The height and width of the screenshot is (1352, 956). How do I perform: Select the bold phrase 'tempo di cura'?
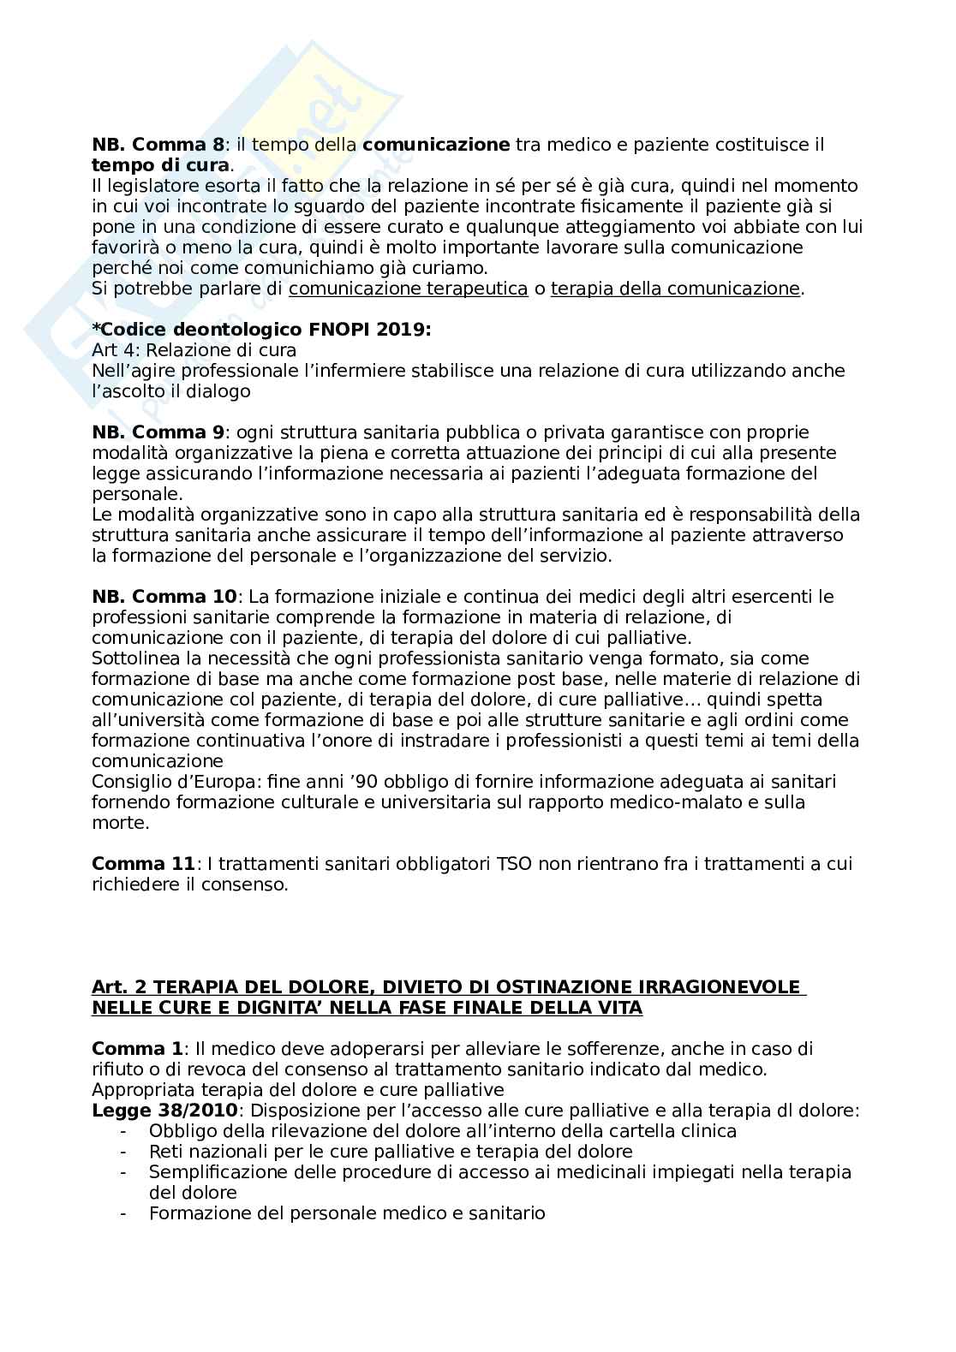point(160,165)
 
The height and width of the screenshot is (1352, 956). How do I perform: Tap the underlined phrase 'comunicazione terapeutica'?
point(408,289)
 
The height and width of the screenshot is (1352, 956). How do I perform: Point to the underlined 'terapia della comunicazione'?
point(674,289)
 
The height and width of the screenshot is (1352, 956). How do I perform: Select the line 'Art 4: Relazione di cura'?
point(194,350)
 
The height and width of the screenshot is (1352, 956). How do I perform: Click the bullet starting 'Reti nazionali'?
point(390,1152)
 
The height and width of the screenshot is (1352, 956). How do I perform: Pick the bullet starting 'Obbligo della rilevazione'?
point(442,1131)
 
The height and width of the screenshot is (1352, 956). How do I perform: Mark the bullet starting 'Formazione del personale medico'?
point(346,1213)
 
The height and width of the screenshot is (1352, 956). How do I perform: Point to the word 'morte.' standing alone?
point(120,823)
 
